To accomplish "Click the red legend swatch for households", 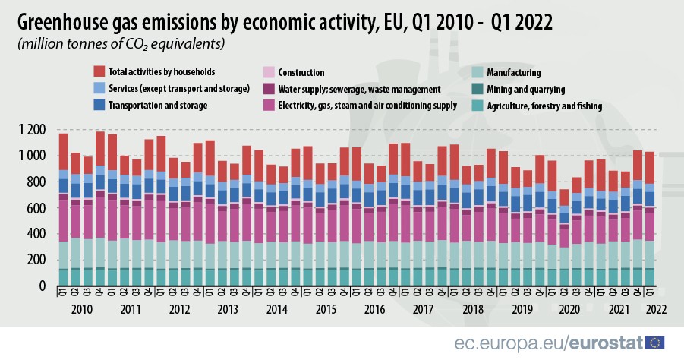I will (99, 72).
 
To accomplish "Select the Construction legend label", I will (302, 73).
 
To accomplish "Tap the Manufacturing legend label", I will (514, 73).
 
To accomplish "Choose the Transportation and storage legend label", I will (158, 106).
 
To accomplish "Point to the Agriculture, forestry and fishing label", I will (544, 106).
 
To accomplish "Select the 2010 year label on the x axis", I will (82, 310).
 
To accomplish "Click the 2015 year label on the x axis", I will (326, 310).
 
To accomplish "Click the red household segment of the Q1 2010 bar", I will (64, 151).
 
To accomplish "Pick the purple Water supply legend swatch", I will (267, 90).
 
